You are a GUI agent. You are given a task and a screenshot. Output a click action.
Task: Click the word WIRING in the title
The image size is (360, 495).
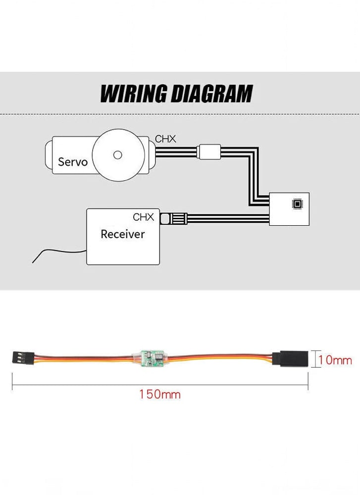(x=133, y=94)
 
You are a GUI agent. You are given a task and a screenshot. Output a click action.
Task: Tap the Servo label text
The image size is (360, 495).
(x=73, y=162)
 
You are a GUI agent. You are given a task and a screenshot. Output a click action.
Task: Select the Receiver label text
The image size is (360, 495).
(x=122, y=234)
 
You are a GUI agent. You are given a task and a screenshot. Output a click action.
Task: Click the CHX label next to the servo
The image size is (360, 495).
(x=165, y=139)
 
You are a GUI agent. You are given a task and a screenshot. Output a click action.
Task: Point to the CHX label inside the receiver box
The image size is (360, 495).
(x=144, y=217)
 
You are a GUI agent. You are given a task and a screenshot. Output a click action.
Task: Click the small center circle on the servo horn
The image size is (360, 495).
(x=117, y=155)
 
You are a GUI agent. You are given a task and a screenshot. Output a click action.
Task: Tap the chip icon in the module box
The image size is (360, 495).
(x=297, y=203)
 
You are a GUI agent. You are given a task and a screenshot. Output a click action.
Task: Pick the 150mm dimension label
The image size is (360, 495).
(x=159, y=395)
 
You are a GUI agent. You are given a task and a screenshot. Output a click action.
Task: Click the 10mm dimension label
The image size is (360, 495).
(x=335, y=360)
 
